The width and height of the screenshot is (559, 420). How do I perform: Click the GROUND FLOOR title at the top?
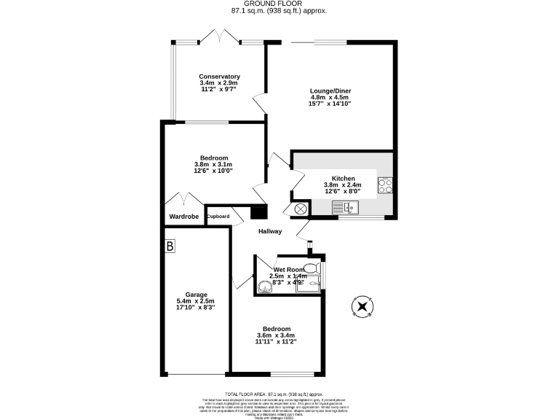point(279,4)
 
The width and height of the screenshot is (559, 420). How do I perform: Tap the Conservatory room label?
point(219,77)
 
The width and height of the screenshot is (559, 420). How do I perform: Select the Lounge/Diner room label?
point(330,90)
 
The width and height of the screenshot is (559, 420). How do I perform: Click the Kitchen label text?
point(343,178)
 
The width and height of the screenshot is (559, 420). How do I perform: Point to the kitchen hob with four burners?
point(385,186)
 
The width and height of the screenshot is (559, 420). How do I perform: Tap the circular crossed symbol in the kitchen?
point(301,209)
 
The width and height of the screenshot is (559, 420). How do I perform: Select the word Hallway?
point(270,232)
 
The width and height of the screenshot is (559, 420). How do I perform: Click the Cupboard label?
point(218,217)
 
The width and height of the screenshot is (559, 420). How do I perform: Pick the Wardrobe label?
point(183,217)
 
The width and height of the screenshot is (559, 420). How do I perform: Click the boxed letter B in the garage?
point(170,247)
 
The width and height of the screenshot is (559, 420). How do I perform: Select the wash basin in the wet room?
point(264,286)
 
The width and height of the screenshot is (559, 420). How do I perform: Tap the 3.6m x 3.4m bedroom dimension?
point(277,335)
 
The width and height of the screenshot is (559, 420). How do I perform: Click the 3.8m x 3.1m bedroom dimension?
point(214,165)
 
